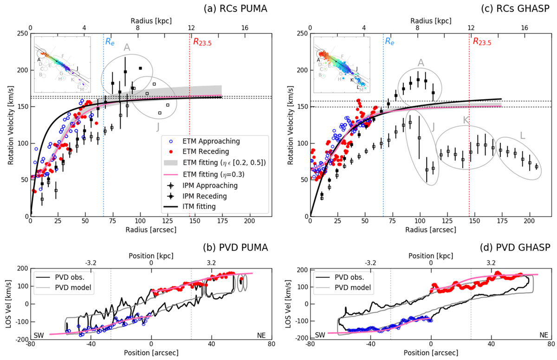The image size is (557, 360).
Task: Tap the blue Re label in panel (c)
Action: [x=389, y=42]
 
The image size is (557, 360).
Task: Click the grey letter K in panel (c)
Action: [x=466, y=120]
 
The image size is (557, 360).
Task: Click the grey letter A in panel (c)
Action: [x=421, y=62]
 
